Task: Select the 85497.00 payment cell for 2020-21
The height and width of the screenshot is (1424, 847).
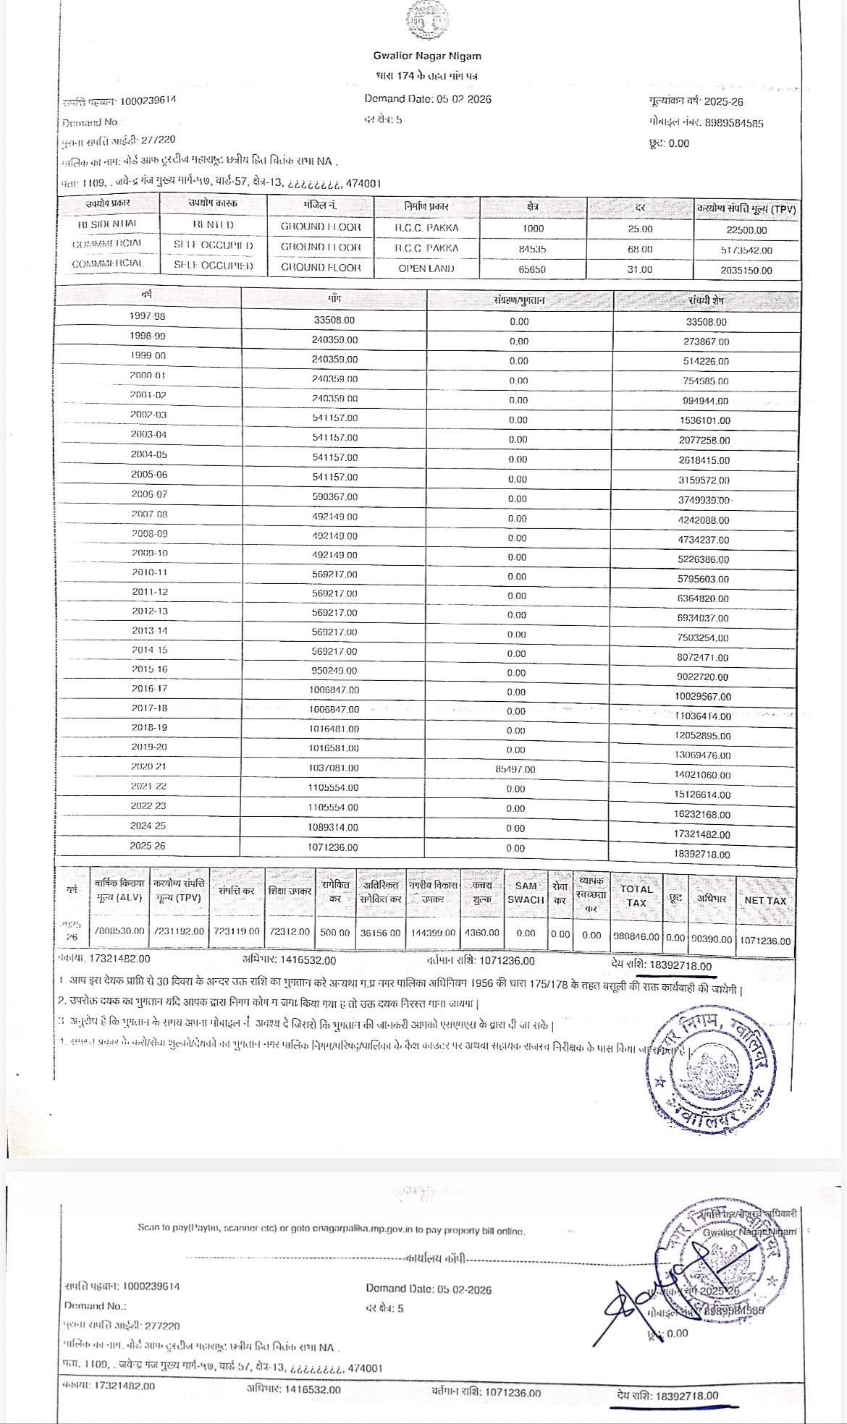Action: coord(515,769)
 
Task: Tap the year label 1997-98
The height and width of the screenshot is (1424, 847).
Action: coord(148,316)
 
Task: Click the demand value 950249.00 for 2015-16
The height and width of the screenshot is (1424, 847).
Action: coord(334,671)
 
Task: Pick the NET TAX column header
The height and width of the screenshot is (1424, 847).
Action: coord(765,900)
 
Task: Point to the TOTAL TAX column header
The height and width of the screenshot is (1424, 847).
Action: coord(636,895)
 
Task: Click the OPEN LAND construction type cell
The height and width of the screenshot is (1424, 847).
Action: coord(426,268)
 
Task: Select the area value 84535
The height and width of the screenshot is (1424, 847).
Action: coord(534,248)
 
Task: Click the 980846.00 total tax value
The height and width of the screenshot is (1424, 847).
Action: coord(636,936)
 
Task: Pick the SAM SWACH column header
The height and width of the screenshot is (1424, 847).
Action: coord(526,893)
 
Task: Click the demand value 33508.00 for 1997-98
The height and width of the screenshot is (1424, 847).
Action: coord(334,320)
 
